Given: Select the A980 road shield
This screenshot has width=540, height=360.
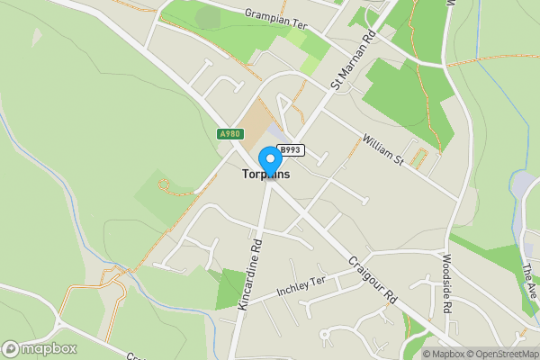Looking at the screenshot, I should (x=229, y=134).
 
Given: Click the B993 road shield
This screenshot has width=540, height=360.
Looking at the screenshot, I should (x=290, y=150).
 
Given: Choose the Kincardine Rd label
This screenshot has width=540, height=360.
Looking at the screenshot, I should (x=249, y=275).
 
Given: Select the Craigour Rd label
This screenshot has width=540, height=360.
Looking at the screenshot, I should (x=373, y=281).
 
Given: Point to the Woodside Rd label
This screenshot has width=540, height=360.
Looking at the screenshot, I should (x=447, y=283).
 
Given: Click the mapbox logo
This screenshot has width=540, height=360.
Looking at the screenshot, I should (x=40, y=348).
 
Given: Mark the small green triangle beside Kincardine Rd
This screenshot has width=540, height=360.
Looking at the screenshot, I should (x=229, y=290).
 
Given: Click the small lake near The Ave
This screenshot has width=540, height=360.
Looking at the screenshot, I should (x=523, y=184).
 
